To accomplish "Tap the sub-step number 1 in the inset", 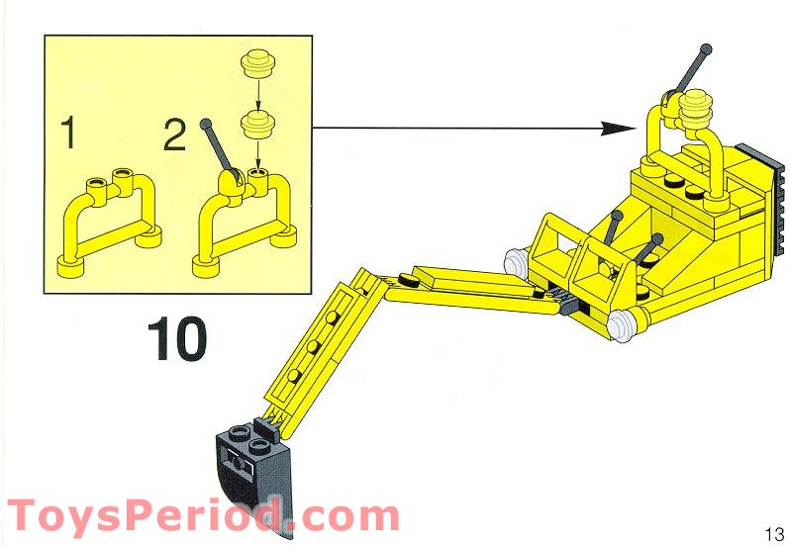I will pos(67,133).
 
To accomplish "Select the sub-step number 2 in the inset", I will pos(174,133).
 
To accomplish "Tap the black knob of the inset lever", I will pos(207,125).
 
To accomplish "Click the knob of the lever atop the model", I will pos(704,47).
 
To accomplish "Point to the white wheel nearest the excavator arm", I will pos(516,263).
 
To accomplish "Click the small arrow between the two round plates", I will pos(259,94).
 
